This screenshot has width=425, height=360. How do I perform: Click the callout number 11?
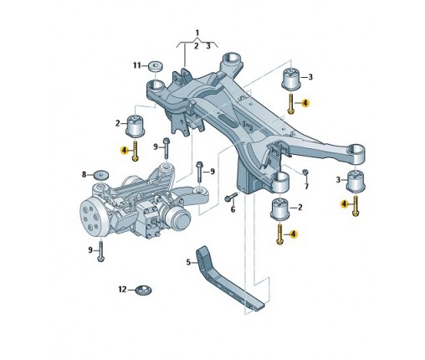(137, 65)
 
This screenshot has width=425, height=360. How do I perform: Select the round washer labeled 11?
(156, 66)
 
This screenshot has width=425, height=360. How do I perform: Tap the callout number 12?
(122, 290)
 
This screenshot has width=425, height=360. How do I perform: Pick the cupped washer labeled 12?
(143, 290)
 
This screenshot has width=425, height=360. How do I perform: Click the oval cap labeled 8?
(101, 175)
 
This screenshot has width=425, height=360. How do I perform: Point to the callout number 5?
(188, 262)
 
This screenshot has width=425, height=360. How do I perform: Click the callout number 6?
(233, 209)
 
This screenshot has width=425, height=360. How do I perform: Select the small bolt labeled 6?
(231, 197)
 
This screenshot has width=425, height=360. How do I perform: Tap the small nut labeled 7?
(305, 172)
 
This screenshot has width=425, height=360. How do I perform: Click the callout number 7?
(307, 186)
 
